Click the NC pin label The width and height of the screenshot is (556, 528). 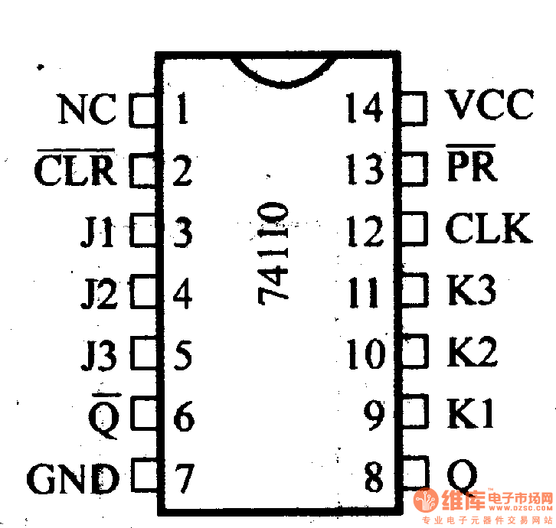87,110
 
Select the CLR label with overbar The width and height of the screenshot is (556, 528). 74,170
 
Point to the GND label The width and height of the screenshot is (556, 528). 74,480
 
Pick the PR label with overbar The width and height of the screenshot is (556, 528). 470,166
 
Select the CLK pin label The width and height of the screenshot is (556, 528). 489,228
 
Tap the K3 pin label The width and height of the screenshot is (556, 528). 472,291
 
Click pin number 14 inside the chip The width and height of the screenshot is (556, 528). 364,108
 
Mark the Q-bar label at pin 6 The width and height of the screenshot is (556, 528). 103,416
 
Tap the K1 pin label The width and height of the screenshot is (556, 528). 471,414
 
